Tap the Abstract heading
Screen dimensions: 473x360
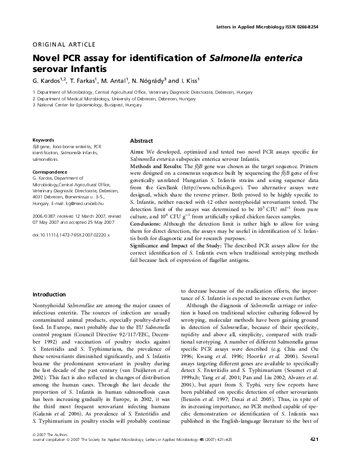(x=142, y=140)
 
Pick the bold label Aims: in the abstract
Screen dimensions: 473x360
(x=138, y=151)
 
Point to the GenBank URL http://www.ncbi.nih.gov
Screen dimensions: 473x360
(x=201, y=189)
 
